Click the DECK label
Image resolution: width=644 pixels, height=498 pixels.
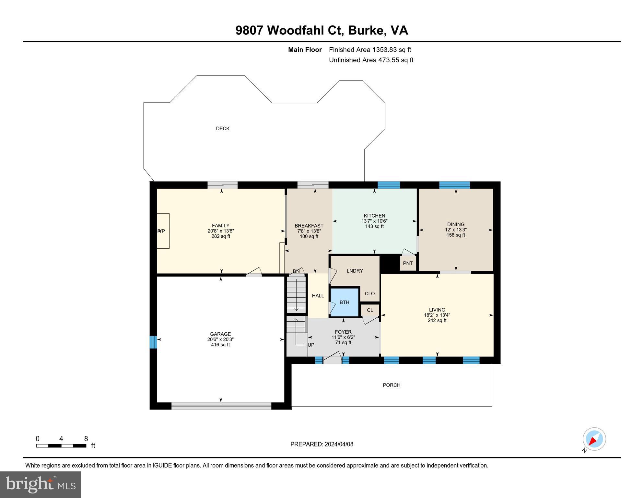click(x=223, y=129)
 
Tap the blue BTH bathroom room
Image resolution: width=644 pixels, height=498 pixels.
click(x=344, y=302)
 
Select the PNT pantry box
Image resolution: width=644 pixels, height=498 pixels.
click(x=408, y=263)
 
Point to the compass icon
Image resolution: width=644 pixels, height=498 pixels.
click(x=594, y=439)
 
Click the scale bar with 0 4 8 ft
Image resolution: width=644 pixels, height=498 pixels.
click(x=61, y=445)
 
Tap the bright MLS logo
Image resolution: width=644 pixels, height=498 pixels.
click(x=41, y=484)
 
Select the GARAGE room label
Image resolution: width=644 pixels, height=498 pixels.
click(x=220, y=334)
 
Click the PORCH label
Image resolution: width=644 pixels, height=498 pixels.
click(x=392, y=385)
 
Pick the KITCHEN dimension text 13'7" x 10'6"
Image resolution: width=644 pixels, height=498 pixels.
click(x=374, y=221)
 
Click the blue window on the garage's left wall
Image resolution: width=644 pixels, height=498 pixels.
click(x=153, y=342)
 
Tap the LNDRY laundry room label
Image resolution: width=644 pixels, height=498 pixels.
click(x=355, y=271)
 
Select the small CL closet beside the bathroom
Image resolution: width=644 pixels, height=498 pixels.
click(x=370, y=310)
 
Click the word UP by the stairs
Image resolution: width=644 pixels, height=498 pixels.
click(x=311, y=345)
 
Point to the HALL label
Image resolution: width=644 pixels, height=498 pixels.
click(x=318, y=296)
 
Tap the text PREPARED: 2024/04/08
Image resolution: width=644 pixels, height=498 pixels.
click(x=322, y=444)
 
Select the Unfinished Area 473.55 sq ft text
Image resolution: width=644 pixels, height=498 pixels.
click(x=371, y=60)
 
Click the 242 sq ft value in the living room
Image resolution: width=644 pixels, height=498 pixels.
click(x=437, y=320)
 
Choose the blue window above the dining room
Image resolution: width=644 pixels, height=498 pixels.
click(x=454, y=185)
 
